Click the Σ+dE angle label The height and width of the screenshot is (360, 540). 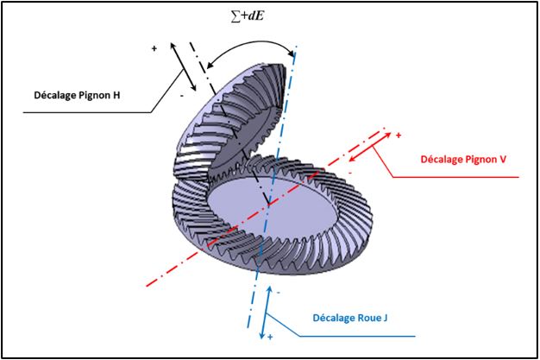[248, 16]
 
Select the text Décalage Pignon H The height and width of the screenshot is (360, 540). [77, 95]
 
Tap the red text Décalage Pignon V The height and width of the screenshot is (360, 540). [463, 160]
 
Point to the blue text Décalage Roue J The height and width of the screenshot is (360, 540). [350, 318]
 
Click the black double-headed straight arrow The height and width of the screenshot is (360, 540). [183, 66]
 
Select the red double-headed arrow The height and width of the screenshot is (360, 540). [370, 147]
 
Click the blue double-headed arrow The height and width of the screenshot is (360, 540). [266, 312]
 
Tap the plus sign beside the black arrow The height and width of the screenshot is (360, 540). [154, 48]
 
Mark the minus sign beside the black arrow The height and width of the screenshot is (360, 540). [182, 96]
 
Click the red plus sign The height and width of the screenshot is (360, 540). [399, 136]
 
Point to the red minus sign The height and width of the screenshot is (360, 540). [350, 173]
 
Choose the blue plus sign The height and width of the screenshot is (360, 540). [270, 337]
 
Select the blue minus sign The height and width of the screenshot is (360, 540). [279, 293]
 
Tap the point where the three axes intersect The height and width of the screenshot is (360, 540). [269, 204]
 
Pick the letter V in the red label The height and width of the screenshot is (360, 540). [503, 160]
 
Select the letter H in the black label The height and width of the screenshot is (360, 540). [116, 95]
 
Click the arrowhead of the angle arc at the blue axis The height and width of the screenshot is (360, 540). [292, 54]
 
